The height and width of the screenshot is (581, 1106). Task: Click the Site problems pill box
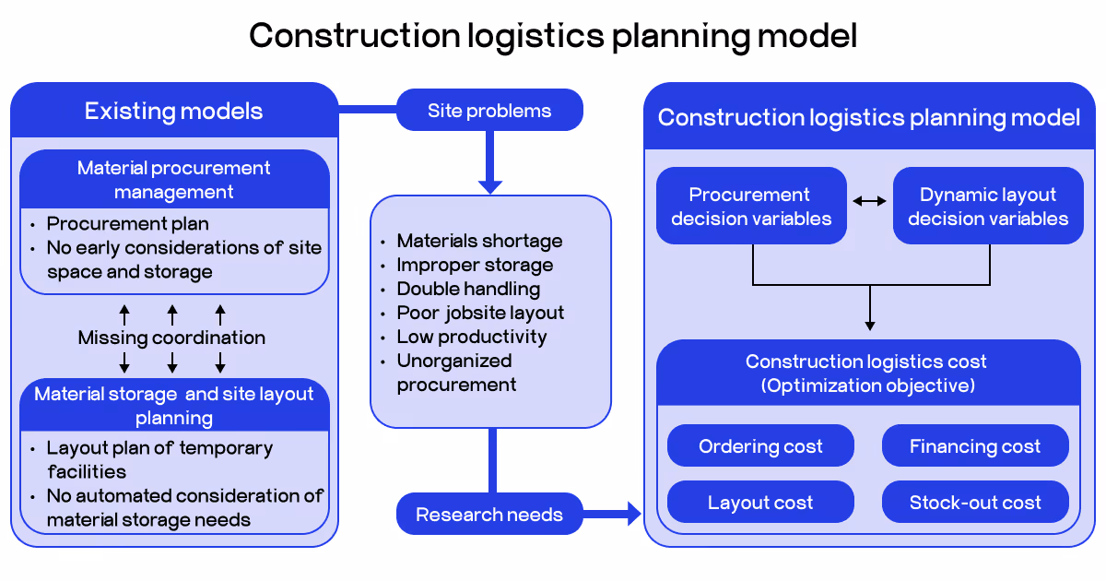pyautogui.click(x=489, y=111)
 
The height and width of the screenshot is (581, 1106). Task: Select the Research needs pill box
pyautogui.click(x=489, y=515)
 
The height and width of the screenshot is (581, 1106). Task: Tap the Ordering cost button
pyautogui.click(x=760, y=446)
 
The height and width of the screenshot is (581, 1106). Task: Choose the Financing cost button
pyautogui.click(x=975, y=446)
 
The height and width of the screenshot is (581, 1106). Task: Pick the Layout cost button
pyautogui.click(x=760, y=503)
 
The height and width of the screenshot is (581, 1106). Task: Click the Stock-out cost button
pyautogui.click(x=975, y=503)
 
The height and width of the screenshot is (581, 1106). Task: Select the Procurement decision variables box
pyautogui.click(x=751, y=206)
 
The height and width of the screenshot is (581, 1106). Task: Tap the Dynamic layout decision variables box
pyautogui.click(x=988, y=206)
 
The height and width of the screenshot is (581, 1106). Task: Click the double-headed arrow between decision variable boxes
pyautogui.click(x=869, y=200)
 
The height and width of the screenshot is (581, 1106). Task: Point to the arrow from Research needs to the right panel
pyautogui.click(x=613, y=514)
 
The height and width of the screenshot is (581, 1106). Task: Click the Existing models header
pyautogui.click(x=174, y=112)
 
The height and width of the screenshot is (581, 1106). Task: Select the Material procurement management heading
pyautogui.click(x=174, y=180)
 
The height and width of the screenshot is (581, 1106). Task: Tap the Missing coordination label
pyautogui.click(x=172, y=338)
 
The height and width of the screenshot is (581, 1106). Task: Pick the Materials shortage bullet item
pyautogui.click(x=479, y=241)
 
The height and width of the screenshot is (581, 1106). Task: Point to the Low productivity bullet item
pyautogui.click(x=472, y=337)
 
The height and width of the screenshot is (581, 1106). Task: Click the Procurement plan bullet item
pyautogui.click(x=128, y=224)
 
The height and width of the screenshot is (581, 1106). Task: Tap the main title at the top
pyautogui.click(x=553, y=36)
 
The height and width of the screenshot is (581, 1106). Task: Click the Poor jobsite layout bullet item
pyautogui.click(x=480, y=313)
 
